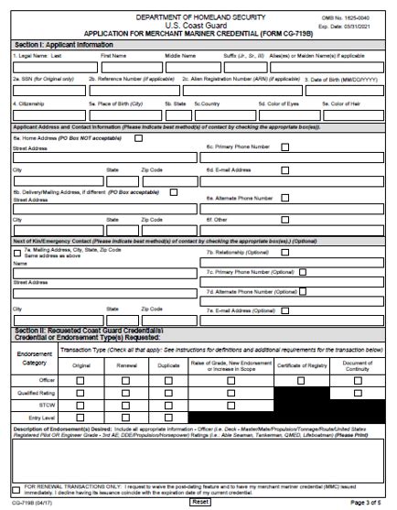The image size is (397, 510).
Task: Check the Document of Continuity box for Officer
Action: pos(359,379)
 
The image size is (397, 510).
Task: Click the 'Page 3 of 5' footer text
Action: pos(369,503)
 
